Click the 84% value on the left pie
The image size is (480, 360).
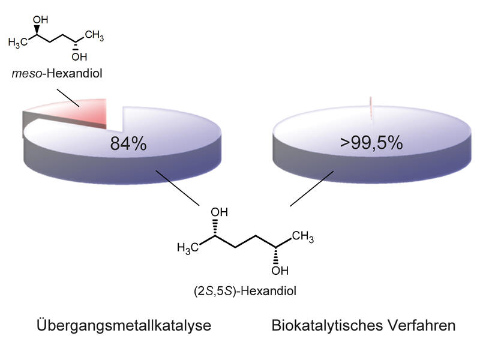point(128,143)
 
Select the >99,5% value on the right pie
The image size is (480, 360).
point(371,143)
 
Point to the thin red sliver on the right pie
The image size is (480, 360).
point(371,109)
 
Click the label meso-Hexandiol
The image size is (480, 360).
point(57,73)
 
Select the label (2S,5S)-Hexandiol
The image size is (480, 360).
point(245,291)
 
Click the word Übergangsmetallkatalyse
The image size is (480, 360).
point(124,325)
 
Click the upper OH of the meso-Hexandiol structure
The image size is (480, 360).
point(40,20)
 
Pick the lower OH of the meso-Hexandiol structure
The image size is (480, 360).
point(79,56)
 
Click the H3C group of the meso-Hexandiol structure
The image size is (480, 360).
point(18,42)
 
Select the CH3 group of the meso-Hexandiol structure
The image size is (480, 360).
point(94,35)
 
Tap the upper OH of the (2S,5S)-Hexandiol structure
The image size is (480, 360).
point(219,212)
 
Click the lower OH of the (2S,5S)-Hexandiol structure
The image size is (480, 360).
point(280,271)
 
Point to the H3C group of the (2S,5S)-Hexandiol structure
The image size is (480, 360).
point(188,248)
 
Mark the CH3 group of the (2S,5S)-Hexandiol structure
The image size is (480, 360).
point(303,236)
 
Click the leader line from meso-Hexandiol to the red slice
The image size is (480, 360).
point(68,98)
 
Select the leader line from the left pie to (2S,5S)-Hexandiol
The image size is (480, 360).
point(178,188)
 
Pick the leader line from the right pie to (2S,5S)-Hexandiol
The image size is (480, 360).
point(311,188)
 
